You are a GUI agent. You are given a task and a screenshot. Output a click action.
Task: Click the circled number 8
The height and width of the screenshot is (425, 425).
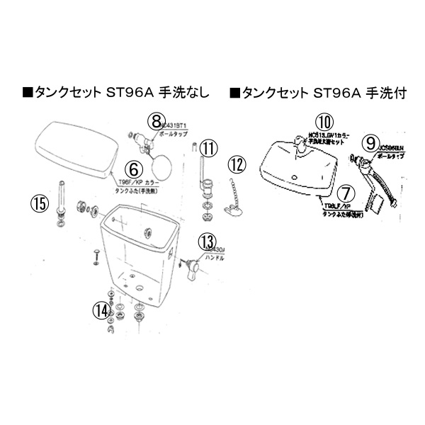pos(157,123)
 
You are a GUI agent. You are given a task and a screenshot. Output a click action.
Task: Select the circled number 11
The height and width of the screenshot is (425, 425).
pos(207,149)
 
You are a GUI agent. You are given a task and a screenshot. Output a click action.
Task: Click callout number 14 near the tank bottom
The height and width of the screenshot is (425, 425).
pos(102,310)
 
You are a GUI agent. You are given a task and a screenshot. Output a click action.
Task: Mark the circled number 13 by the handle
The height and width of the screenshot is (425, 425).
pos(207,242)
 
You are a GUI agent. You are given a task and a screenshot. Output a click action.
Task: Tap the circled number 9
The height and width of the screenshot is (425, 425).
pos(368,142)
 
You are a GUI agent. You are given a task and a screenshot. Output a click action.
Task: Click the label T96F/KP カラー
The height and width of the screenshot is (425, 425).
pos(148,181)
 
